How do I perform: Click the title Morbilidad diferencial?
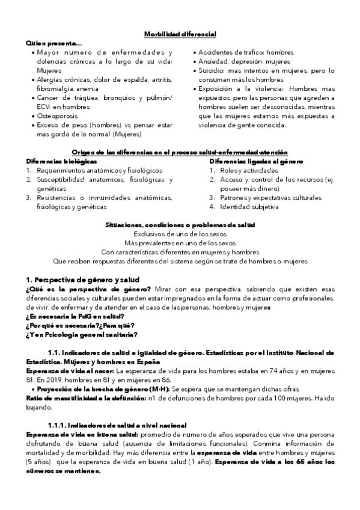[x=180, y=34]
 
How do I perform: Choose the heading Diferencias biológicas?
[x=60, y=162]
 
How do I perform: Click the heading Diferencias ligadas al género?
[x=256, y=162]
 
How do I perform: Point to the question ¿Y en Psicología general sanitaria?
[x=81, y=334]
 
